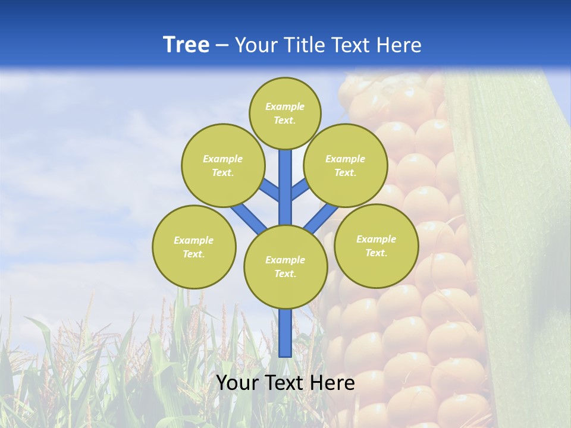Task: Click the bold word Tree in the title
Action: (186, 45)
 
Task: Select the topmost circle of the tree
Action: (285, 113)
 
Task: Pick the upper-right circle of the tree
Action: (346, 165)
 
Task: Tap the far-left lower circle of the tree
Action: (194, 247)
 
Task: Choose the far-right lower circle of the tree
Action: (376, 246)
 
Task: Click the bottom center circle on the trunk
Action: (285, 267)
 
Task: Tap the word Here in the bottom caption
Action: (332, 383)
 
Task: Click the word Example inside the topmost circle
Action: (285, 107)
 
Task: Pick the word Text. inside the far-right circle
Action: (376, 253)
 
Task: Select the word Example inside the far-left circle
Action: (194, 240)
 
